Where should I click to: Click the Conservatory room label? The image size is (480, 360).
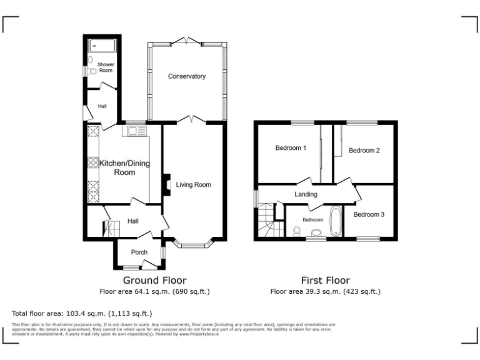tap(186, 76)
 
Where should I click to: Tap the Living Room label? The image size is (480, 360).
tap(193, 184)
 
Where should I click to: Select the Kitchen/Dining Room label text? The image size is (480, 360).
tap(118, 167)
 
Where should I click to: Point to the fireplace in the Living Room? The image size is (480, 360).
tap(166, 184)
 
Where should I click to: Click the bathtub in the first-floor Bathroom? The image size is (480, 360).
tap(335, 221)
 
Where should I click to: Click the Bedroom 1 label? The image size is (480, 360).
tap(291, 148)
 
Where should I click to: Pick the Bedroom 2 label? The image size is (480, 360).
tap(364, 151)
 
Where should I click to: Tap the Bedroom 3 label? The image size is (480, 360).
tap(368, 214)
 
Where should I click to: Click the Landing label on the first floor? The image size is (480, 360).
tap(306, 194)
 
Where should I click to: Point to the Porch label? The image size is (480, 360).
tap(138, 252)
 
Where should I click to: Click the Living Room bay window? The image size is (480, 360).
tap(193, 243)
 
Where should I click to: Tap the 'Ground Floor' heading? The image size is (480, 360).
tap(154, 280)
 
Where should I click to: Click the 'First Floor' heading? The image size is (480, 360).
tap(325, 280)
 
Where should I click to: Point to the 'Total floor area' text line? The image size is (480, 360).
tap(82, 312)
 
